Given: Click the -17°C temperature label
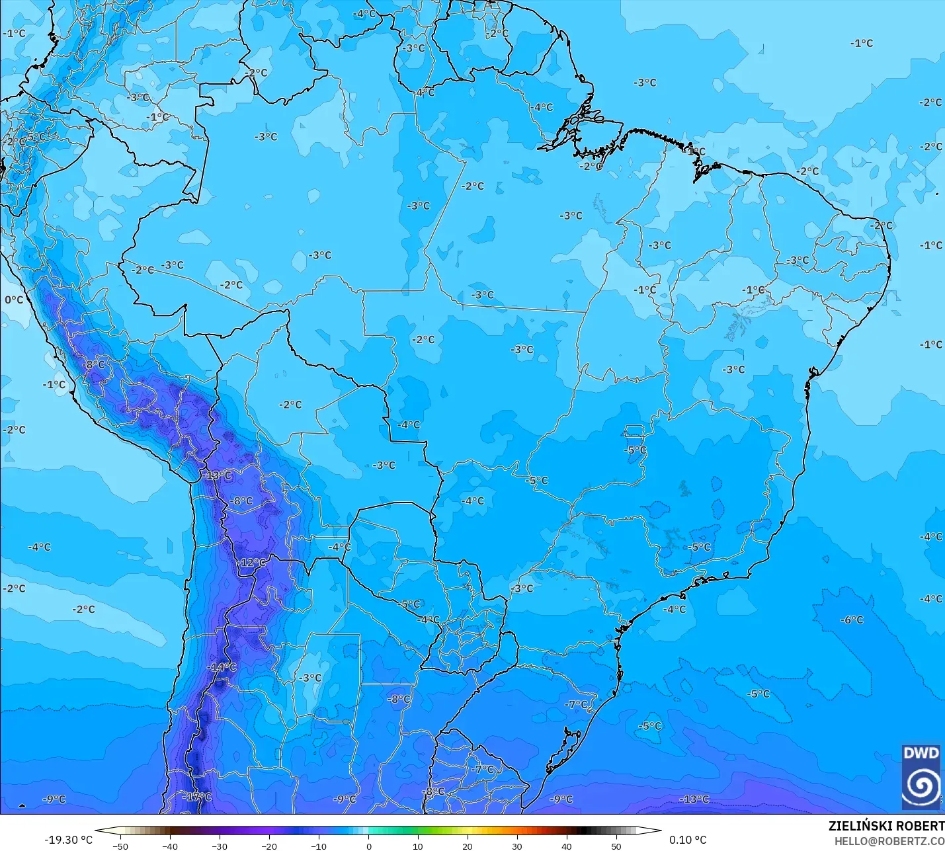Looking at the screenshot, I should tap(197, 797).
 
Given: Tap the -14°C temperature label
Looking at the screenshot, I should tap(222, 667).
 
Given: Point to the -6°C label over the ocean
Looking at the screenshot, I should tap(852, 620).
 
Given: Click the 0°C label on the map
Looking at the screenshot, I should tap(14, 300).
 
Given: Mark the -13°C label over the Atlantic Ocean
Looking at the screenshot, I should tap(694, 799).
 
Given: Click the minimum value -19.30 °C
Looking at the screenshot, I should tap(68, 840).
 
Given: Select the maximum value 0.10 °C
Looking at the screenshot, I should tap(687, 840).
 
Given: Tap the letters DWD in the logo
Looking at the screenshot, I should tap(921, 753).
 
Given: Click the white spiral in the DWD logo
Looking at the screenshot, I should tap(921, 784).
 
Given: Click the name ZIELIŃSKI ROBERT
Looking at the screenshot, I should tap(886, 826).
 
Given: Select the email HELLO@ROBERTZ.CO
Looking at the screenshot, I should tap(889, 841).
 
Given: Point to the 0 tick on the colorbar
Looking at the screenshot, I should tap(368, 846).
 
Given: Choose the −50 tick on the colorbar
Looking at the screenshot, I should tap(120, 846).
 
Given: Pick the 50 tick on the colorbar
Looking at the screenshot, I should tap(616, 846).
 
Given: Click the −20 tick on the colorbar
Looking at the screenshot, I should tap(269, 846).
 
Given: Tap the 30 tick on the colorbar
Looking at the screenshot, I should tap(517, 846).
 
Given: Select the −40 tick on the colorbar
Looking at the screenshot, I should tap(170, 846).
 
